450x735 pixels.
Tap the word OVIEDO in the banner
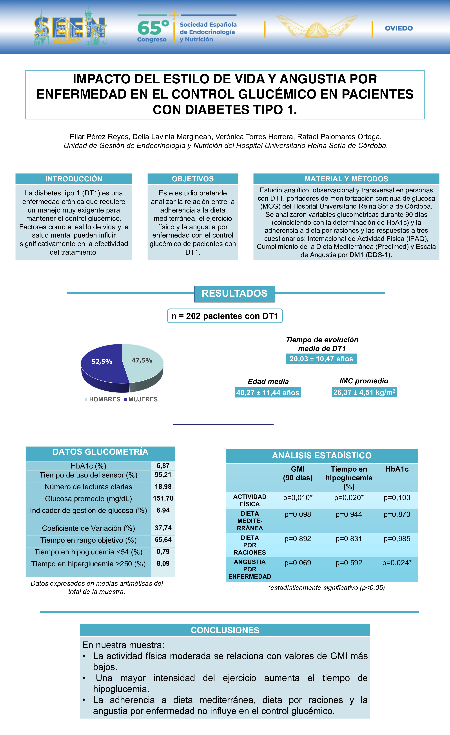click(x=399, y=28)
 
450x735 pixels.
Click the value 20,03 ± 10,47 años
click(x=321, y=359)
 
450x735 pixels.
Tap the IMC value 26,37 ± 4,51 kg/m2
click(x=364, y=392)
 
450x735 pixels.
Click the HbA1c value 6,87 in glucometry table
click(x=163, y=466)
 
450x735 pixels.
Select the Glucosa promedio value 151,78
click(x=163, y=498)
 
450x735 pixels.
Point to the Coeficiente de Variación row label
click(x=88, y=528)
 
